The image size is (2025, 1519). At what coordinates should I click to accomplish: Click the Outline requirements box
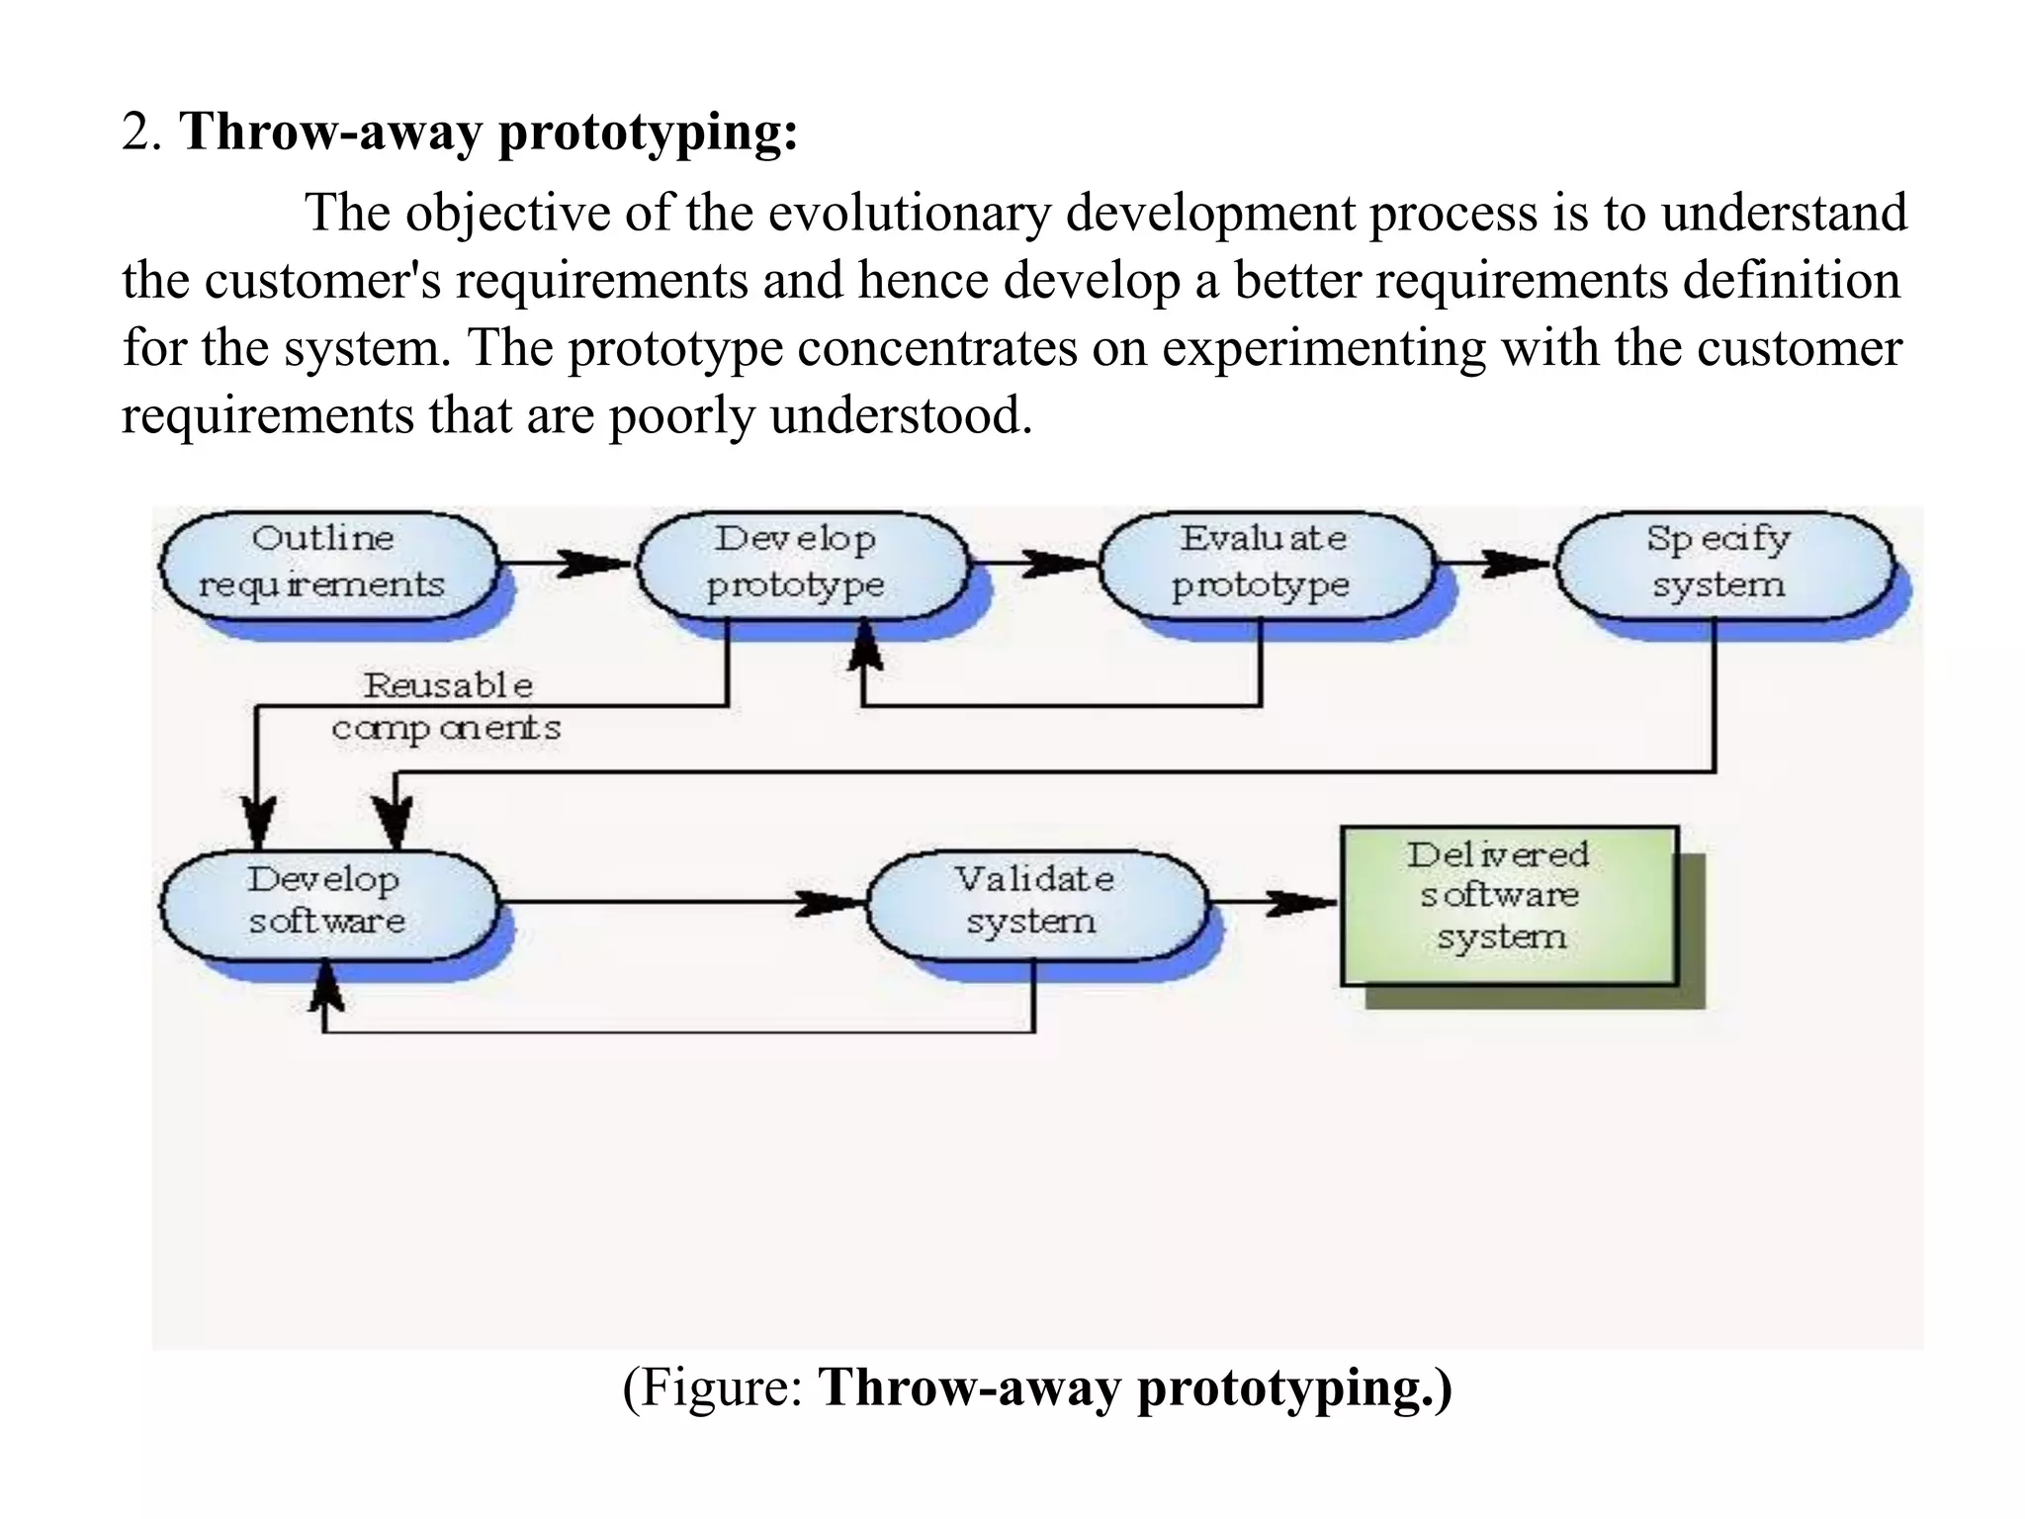point(327,564)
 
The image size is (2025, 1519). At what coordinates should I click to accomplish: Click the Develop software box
point(327,902)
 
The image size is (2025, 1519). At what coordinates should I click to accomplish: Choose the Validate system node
point(1035,902)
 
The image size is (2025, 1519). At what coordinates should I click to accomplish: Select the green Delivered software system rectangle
point(1509,905)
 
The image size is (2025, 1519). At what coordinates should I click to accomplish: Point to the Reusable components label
point(447,707)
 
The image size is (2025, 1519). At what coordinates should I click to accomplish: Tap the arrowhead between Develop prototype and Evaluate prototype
point(1058,564)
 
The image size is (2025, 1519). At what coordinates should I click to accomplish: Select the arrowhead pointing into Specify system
point(1518,564)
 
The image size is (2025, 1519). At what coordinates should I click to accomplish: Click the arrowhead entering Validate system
point(831,902)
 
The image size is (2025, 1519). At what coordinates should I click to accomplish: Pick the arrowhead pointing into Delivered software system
point(1300,902)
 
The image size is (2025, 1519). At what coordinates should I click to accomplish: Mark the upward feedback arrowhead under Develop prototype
point(865,648)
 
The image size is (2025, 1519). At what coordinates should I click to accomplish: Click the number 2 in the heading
point(135,132)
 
